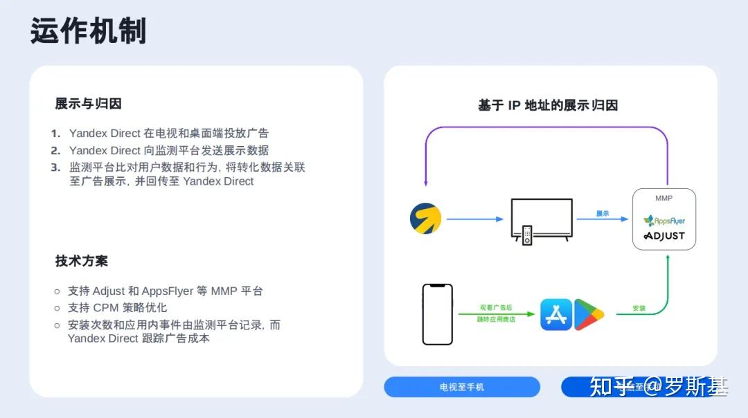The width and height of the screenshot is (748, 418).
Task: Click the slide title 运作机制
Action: [x=88, y=31]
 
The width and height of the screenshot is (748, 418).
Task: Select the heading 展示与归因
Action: [x=88, y=104]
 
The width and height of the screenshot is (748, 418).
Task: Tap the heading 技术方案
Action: [x=81, y=261]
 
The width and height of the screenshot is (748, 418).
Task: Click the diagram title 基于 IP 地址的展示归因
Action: [x=547, y=105]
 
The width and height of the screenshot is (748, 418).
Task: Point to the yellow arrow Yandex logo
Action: [x=425, y=219]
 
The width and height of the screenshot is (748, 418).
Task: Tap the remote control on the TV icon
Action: [x=527, y=235]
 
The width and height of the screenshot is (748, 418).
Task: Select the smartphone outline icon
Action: [x=437, y=313]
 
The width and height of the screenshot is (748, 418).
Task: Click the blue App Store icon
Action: [x=555, y=314]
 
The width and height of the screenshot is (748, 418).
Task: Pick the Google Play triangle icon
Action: [x=589, y=314]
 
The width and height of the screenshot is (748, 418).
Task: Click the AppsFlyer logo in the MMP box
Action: [x=664, y=221]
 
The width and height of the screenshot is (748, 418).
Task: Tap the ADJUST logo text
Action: [x=664, y=236]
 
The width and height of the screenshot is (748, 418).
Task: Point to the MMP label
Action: [x=664, y=198]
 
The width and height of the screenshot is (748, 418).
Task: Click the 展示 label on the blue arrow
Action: [x=603, y=214]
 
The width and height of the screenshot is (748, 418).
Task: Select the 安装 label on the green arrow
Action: [x=639, y=308]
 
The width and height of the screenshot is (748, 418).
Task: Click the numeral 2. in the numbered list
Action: [x=55, y=150]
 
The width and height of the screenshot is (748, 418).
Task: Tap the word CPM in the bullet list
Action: [x=107, y=308]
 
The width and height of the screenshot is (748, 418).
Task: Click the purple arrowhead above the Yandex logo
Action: [x=425, y=183]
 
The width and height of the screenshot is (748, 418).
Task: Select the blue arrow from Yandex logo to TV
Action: [x=474, y=219]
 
